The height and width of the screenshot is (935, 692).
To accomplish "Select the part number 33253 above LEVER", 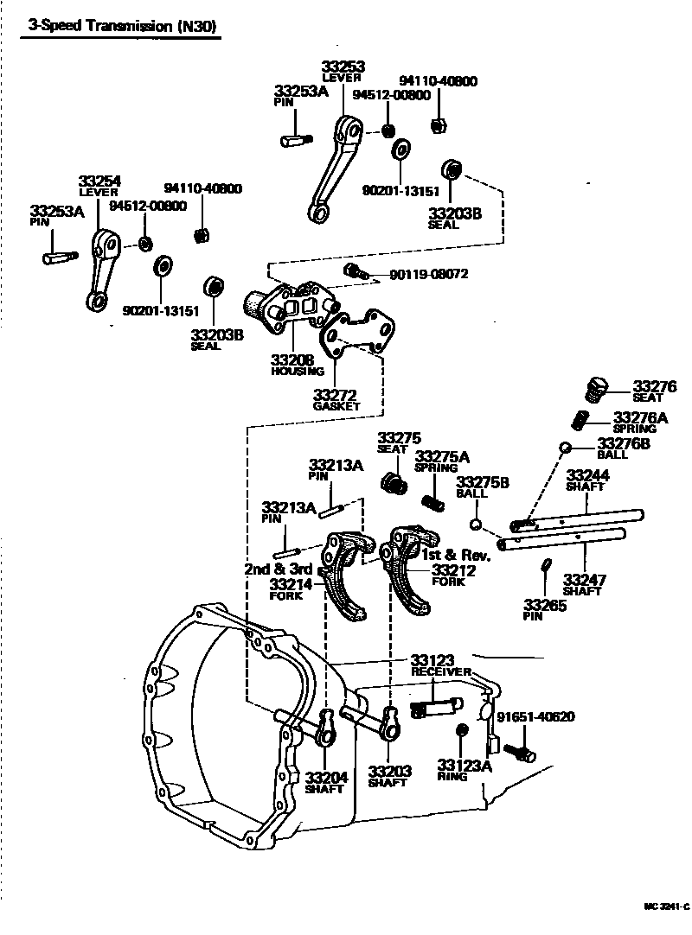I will pos(343,66).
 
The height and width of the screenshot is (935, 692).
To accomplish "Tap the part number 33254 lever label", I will pos(99,181).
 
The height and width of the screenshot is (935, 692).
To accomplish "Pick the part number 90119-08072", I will pos(428,274).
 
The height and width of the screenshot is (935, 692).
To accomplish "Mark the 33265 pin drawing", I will pos(545,565).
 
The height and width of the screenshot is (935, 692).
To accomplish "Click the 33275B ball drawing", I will pos(475,523).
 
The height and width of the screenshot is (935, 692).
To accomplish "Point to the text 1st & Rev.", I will pos(456,554).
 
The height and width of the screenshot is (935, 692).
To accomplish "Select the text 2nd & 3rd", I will pos(277,569).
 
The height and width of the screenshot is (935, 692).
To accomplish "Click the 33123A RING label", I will pos(464,769).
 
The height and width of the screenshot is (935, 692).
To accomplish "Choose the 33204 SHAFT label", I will pos(325,781).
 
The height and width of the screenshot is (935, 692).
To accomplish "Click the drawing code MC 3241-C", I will pos(665,907).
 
